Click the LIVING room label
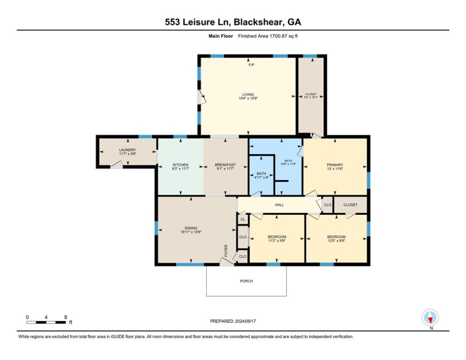[248, 94]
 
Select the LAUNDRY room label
[127, 150]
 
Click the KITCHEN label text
[180, 165]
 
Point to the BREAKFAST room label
[225, 165]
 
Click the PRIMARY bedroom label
[335, 165]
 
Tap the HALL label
[280, 205]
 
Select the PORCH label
[246, 281]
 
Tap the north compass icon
[430, 318]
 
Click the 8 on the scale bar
[65, 317]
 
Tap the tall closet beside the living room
[311, 96]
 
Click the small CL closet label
[243, 219]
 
